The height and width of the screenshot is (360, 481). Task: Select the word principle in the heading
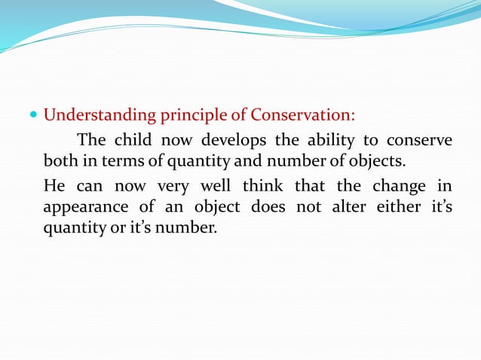[x=185, y=117]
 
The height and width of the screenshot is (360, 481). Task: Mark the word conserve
[x=419, y=140]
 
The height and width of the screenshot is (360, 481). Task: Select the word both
[x=59, y=161]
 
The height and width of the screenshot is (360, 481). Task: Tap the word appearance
[x=85, y=207]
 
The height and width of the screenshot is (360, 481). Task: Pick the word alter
[x=348, y=206]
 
